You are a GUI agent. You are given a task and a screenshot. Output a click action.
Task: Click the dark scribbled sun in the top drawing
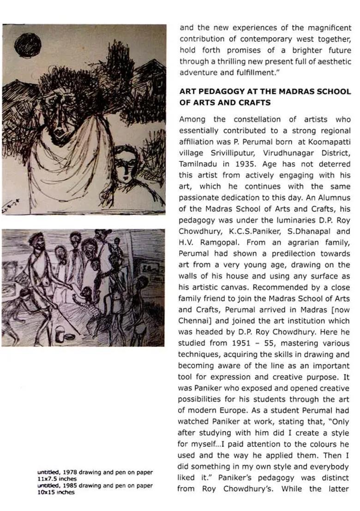(27, 45)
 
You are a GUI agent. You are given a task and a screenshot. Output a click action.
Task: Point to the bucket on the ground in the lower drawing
(60, 332)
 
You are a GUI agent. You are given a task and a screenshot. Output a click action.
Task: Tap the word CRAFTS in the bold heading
(253, 102)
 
